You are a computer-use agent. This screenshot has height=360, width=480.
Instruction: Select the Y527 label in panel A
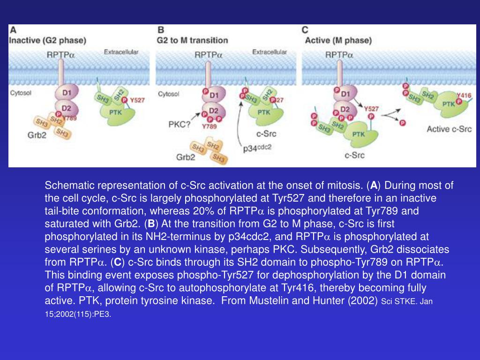[138, 100]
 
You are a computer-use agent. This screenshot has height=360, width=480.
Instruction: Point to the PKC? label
[179, 124]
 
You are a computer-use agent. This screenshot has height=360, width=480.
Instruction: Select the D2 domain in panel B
[214, 111]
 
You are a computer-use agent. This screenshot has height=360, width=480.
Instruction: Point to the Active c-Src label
[449, 128]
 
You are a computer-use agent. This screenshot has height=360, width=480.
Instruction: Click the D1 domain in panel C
[345, 94]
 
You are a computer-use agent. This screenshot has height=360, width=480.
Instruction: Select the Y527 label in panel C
[371, 108]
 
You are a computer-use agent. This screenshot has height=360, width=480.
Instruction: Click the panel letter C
[305, 30]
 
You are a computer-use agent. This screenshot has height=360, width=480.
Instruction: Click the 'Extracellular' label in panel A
[121, 52]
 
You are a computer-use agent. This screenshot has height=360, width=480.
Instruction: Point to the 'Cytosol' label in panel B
[168, 94]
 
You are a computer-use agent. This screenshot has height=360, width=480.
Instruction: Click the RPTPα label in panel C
[339, 55]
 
